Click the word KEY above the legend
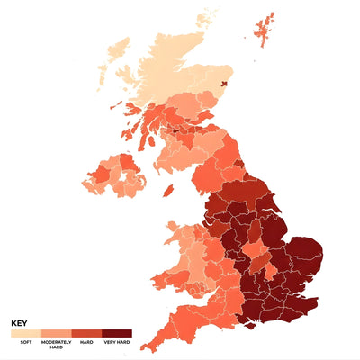coord(19,323)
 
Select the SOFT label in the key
coord(21,343)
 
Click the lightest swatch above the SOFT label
coord(25,334)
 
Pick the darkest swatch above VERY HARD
coord(116,334)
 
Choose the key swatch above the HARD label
coord(86,334)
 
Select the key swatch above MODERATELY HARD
coord(56,334)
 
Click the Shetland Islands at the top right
coord(266,28)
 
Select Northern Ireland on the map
coord(115,175)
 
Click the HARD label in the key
coord(86,343)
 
